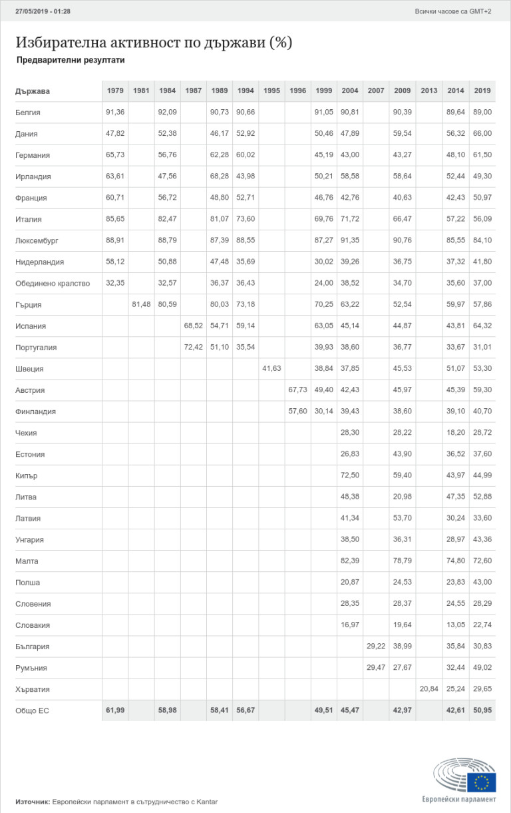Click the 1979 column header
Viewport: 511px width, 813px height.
click(x=115, y=91)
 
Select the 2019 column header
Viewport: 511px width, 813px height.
click(x=483, y=91)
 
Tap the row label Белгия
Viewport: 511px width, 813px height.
click(x=28, y=113)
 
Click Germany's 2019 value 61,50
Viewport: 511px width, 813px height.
click(x=483, y=155)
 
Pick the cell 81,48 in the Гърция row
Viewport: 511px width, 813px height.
click(x=141, y=305)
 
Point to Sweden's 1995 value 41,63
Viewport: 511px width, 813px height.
click(x=271, y=369)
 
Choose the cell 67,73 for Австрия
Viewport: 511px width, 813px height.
click(x=297, y=390)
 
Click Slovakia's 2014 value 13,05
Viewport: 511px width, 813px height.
click(x=456, y=625)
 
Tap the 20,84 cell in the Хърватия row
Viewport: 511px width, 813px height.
click(x=429, y=689)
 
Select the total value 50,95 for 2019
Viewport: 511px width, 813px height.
click(x=483, y=710)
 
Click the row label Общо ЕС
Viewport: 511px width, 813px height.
click(x=32, y=711)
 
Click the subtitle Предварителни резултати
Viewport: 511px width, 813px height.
click(x=71, y=60)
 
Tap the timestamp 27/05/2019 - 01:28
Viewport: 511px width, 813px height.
click(x=43, y=11)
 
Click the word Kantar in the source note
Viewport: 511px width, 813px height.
click(x=206, y=802)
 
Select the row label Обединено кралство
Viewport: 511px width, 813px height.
click(x=53, y=284)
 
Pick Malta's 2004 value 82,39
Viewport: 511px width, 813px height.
click(x=349, y=561)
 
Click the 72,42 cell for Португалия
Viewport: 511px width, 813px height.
click(x=194, y=348)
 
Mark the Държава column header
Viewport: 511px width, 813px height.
click(x=33, y=91)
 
